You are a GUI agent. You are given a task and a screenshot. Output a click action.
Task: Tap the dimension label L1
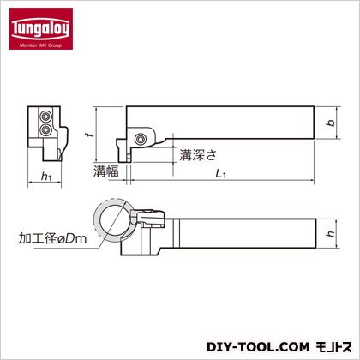point(221,175)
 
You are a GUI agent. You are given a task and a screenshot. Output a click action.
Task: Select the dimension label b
point(328,123)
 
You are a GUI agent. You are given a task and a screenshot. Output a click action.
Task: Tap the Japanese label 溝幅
point(105,171)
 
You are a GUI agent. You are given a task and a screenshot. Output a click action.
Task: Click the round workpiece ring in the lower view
point(111,220)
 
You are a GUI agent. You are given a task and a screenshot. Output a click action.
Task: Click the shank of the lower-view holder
point(249,234)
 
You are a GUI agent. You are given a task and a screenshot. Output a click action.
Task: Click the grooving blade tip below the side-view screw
point(129,154)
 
